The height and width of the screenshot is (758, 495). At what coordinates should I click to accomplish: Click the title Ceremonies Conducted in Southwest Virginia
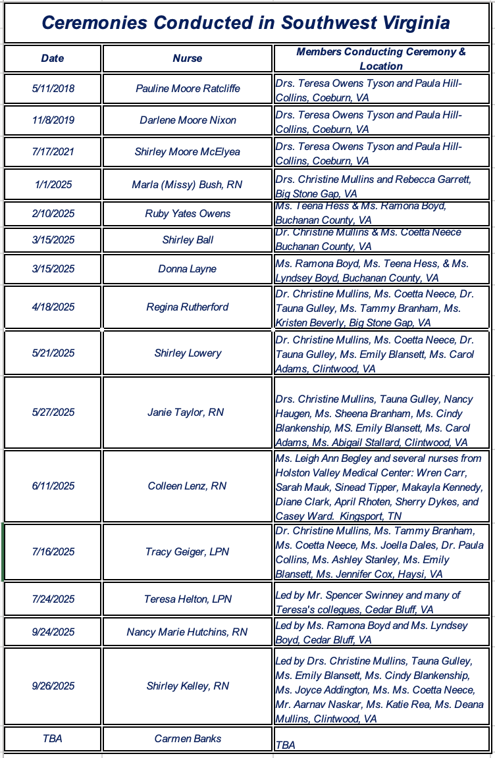coord(246,22)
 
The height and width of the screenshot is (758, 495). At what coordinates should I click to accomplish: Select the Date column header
coord(53,58)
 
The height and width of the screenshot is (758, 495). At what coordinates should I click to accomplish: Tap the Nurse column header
coord(188,58)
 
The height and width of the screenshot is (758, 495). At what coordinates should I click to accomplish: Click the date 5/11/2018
coord(53,88)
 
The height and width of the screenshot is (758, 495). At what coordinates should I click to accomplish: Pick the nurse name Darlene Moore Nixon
coord(188,120)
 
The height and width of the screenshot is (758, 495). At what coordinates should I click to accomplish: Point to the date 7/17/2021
coord(53,151)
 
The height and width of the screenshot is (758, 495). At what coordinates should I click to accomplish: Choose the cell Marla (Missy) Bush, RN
coord(188,184)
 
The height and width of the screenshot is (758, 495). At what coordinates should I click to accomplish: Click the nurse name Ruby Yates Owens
coord(188,213)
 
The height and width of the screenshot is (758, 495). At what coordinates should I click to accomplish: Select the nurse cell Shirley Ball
coord(188,240)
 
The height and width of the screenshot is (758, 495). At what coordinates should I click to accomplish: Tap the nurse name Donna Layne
coord(188,268)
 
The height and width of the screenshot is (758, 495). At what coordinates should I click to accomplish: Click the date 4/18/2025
coord(53,307)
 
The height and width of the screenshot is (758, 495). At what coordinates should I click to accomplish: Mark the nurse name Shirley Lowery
coord(188,353)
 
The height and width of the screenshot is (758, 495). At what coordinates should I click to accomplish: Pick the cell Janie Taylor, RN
coord(188,412)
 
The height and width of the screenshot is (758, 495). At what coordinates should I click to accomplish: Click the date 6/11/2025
coord(53,486)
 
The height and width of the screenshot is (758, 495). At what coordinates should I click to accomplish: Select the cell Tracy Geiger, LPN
coord(188,551)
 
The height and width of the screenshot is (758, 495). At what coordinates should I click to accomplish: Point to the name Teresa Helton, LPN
coord(188,599)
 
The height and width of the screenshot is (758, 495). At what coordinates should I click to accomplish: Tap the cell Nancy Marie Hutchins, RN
coord(188,632)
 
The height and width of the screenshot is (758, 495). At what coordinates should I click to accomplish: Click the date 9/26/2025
coord(53,686)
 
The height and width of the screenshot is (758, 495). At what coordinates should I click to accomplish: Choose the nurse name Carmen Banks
coord(188,738)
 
